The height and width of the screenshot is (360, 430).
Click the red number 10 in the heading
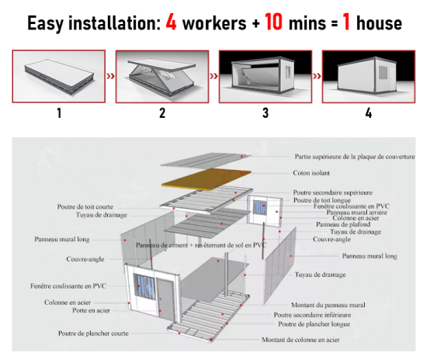tap(274, 22)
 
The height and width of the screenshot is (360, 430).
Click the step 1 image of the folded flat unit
tap(59, 76)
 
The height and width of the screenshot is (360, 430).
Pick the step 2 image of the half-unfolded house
tap(162, 76)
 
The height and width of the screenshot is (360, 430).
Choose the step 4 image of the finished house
tap(369, 76)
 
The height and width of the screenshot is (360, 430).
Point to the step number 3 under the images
tap(265, 113)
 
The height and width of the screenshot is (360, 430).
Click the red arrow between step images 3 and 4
tap(317, 76)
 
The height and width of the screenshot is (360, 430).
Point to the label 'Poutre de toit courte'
tap(85, 206)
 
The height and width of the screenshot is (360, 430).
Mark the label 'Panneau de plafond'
tap(344, 224)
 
